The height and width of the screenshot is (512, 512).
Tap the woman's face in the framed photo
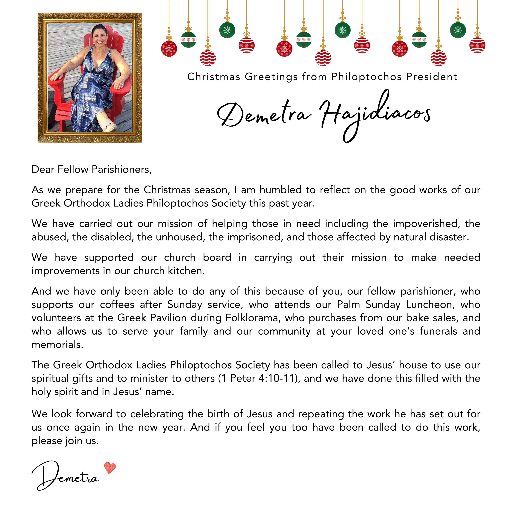click(x=100, y=37)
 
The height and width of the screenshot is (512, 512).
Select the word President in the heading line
click(x=432, y=77)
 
